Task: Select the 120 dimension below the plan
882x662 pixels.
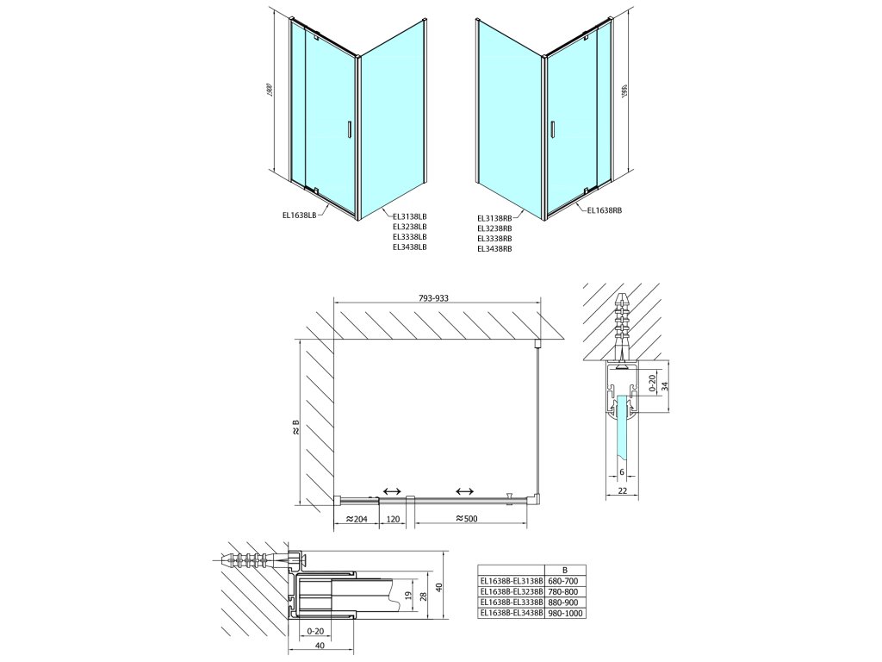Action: [x=392, y=520]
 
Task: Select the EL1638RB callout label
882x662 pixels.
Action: [x=604, y=209]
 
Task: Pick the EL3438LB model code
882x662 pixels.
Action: [x=409, y=247]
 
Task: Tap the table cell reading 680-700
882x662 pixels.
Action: [x=563, y=582]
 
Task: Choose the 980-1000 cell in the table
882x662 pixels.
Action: [x=563, y=613]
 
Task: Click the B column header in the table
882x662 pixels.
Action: [x=563, y=571]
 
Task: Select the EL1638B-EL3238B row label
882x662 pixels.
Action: [x=512, y=592]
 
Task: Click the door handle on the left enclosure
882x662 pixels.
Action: [x=348, y=129]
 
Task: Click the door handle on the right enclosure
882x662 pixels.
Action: [x=552, y=129]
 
